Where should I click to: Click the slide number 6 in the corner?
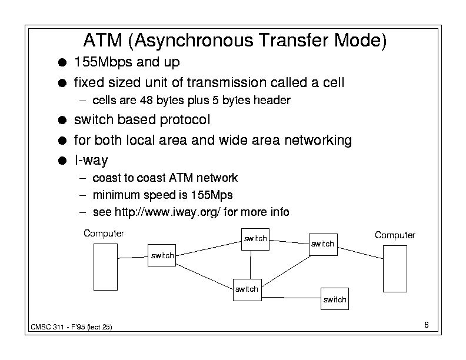[x=425, y=325]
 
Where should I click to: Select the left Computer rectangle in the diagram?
[x=106, y=268]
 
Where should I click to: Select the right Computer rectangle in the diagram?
[x=394, y=268]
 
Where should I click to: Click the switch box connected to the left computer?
[x=162, y=255]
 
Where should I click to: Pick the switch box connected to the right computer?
[x=322, y=244]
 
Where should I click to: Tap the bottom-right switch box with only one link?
[x=334, y=299]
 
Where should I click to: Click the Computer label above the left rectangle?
[x=104, y=234]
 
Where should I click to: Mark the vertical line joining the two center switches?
[x=251, y=264]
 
